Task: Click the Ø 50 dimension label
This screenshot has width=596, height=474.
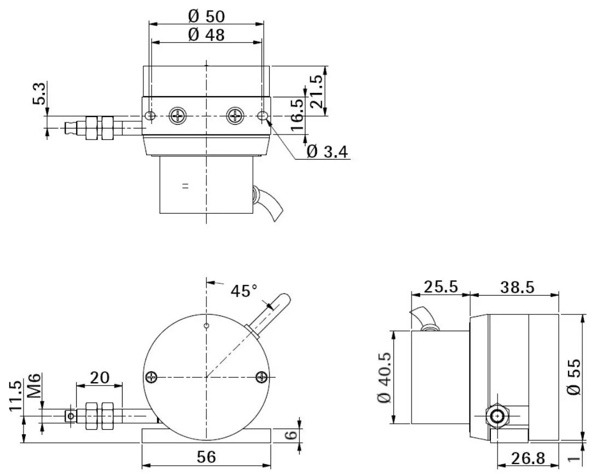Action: (206, 16)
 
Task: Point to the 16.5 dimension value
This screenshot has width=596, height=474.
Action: (297, 114)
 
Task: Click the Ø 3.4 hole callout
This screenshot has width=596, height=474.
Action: (327, 151)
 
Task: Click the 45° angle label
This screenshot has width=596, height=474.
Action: (244, 290)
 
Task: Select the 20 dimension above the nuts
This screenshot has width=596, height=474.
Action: (100, 377)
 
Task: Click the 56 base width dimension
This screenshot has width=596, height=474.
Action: (206, 457)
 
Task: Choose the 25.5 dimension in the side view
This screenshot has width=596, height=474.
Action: (441, 287)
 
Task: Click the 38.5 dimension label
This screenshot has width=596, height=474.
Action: (516, 287)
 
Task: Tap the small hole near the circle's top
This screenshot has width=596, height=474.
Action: (206, 326)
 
